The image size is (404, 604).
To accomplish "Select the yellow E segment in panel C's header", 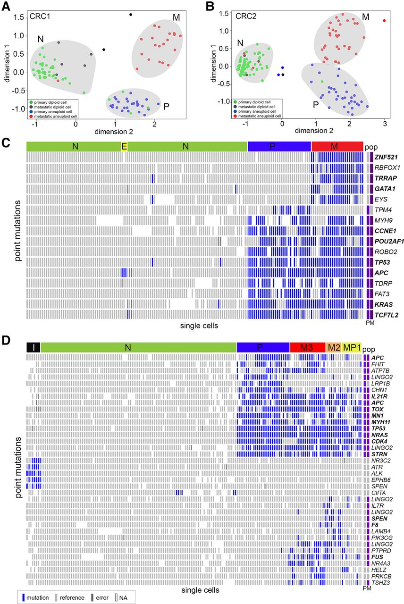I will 124,146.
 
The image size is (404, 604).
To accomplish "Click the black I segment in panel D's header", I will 33,347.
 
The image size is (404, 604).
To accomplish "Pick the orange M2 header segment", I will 334,347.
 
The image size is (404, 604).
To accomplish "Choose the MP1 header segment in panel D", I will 352,347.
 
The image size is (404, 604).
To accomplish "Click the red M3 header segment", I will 307,347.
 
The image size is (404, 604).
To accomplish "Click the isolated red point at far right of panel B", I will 385,20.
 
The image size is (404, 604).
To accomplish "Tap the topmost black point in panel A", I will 131,15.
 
